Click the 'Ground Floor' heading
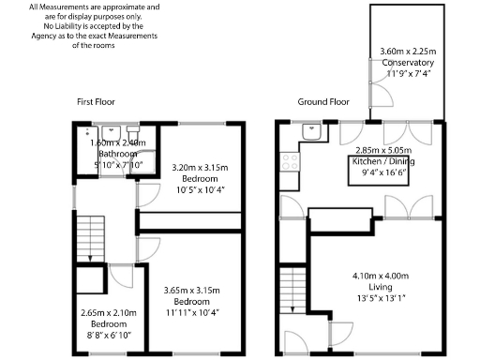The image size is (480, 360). [323, 100]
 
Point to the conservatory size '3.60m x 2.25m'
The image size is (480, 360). [408, 52]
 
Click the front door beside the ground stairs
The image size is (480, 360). [292, 341]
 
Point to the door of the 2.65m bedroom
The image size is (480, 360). [120, 276]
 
